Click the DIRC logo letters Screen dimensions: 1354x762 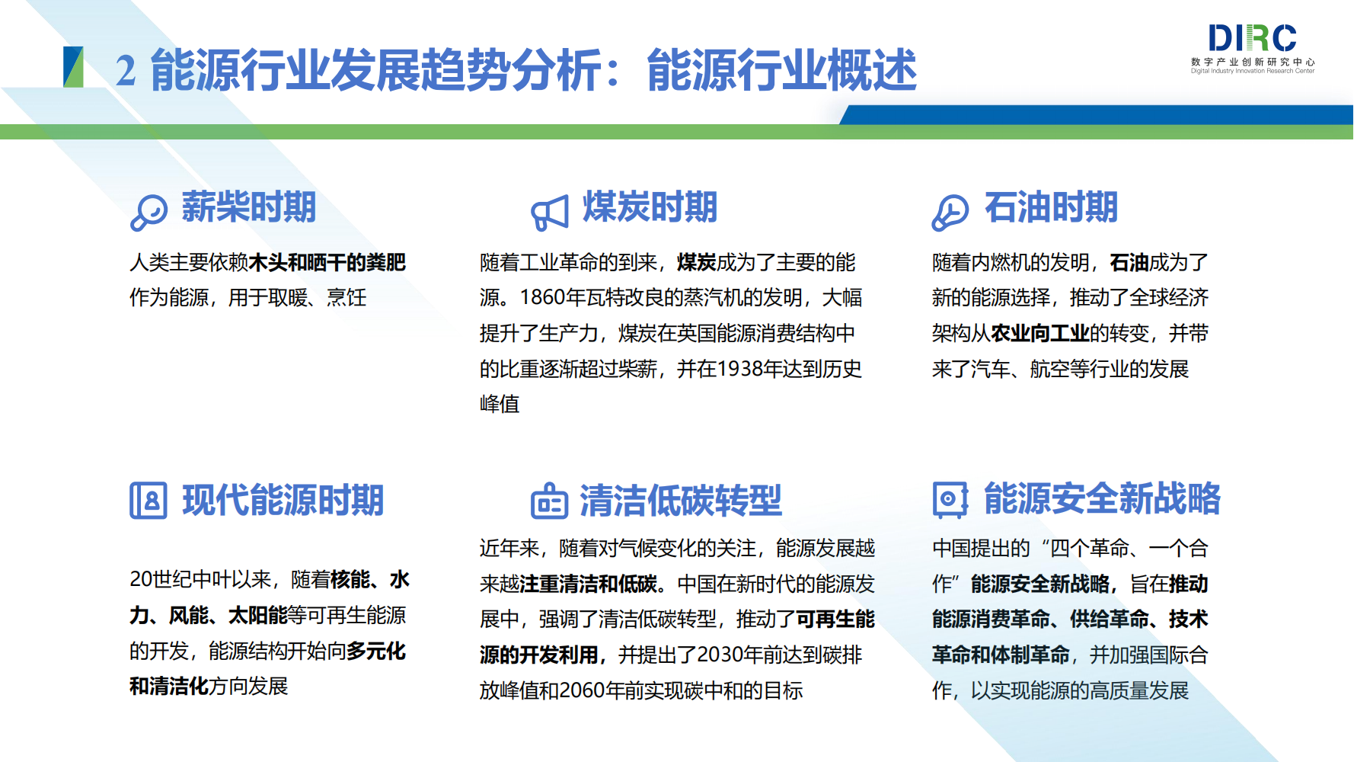pos(1253,38)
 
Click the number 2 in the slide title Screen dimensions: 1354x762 pos(126,71)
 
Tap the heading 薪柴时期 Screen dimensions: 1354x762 pos(248,207)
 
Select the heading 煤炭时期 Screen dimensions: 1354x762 pos(650,207)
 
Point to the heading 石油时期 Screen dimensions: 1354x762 pos(1051,207)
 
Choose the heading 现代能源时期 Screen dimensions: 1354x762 pos(283,501)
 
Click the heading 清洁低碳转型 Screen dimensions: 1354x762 pos(681,501)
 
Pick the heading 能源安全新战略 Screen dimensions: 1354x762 pos(1102,498)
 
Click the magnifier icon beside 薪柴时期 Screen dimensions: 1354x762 pos(148,213)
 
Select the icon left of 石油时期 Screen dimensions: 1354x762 pos(950,213)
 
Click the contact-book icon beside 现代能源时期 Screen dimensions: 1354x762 pos(148,501)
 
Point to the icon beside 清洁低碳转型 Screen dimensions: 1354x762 pos(550,501)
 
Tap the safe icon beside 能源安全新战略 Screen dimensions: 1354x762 pos(950,499)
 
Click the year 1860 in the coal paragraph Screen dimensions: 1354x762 pos(543,298)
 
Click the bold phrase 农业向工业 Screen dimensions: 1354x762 pos(1040,334)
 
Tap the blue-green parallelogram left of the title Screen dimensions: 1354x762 pos(73,67)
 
